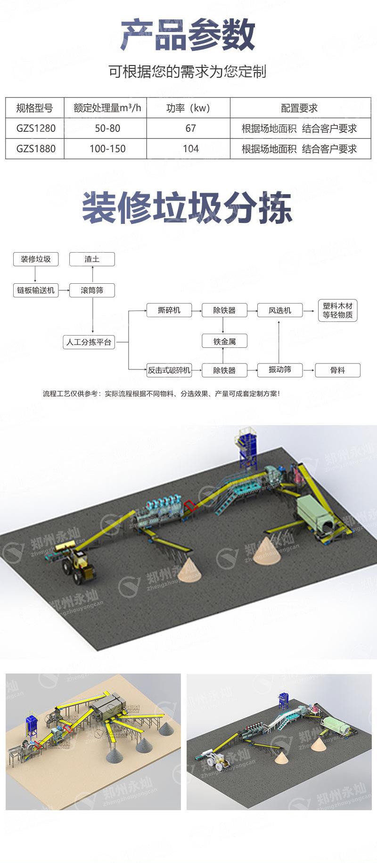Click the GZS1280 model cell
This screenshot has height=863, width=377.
coord(35,128)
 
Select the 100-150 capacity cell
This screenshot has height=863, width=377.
coord(107,149)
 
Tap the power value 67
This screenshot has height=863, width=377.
coord(190,128)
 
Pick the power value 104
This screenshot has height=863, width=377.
coord(190,149)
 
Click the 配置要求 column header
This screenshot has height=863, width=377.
coord(300,108)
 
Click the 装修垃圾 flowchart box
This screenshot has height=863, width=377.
coord(35,259)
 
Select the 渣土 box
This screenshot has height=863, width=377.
coord(92,259)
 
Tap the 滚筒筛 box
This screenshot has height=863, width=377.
coord(92,290)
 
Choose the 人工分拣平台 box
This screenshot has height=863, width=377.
coord(89,342)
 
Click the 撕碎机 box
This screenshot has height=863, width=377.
coord(169,310)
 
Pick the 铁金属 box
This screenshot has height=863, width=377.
coord(224,341)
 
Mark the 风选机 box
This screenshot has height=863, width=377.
coord(280,310)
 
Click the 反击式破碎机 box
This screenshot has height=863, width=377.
coord(169,370)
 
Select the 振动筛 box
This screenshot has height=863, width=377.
coord(280,370)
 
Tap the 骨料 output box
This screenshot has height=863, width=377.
coord(337,370)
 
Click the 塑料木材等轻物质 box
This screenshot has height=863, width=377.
coord(337,311)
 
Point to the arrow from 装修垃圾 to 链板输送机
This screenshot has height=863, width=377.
coord(35,274)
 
